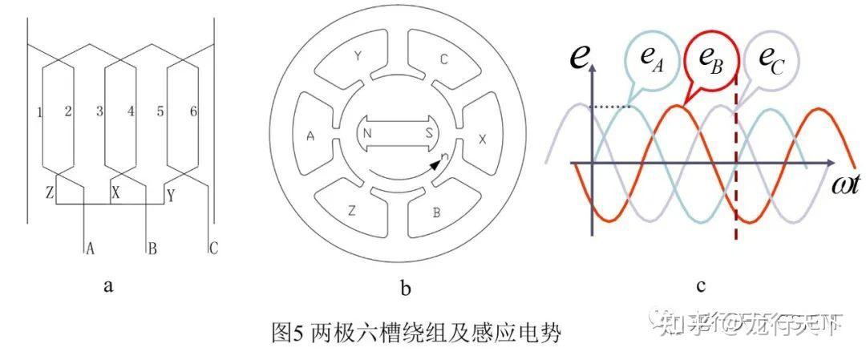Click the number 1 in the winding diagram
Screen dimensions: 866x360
pos(39,112)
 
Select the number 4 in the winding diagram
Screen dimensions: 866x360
pos(130,112)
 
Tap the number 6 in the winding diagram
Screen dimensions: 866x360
pos(193,112)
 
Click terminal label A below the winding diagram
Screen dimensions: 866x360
pos(90,249)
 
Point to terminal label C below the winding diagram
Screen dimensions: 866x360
pos(212,249)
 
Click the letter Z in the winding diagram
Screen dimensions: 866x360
pos(49,193)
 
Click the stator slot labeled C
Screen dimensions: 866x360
pos(443,58)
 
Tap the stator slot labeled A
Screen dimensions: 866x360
pos(310,136)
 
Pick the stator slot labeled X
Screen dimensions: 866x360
pos(482,138)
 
